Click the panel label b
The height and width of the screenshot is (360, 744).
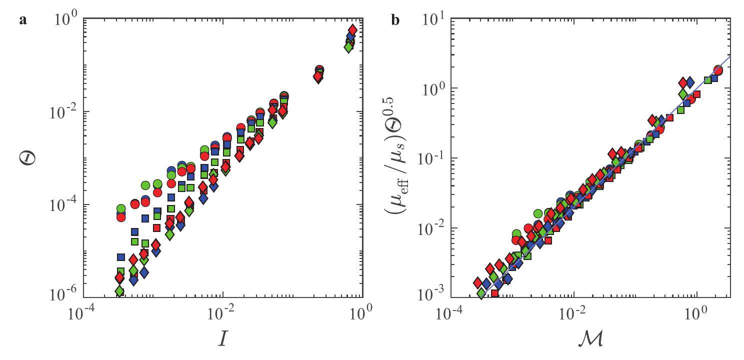(395, 21)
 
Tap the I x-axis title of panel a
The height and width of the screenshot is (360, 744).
(223, 338)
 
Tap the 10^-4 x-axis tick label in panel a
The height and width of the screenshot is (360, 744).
(83, 314)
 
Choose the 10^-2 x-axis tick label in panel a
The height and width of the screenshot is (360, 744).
(223, 314)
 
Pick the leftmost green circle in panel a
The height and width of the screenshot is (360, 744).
(121, 208)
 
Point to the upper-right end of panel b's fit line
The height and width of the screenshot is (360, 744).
(730, 56)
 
